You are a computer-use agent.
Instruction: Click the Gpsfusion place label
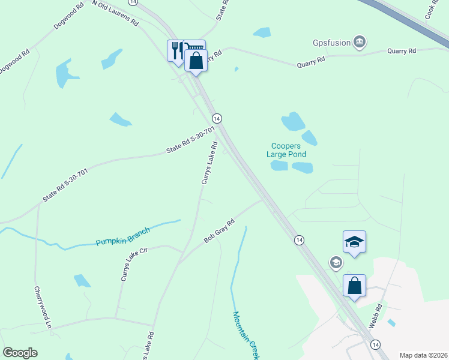tap(331, 43)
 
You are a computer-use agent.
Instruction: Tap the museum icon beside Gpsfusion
tap(360, 41)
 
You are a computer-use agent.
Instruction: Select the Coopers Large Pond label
tap(289, 150)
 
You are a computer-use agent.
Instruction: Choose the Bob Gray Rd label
tap(218, 231)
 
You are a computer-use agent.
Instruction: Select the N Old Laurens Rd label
tap(116, 13)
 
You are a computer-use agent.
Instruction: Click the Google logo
tap(20, 353)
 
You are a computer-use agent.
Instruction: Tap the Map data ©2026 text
tap(424, 355)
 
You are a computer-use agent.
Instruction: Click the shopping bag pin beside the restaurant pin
tap(196, 60)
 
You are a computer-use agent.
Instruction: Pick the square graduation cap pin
tap(354, 242)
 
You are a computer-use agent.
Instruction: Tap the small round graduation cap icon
tap(336, 262)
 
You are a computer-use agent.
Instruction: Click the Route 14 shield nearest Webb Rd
tap(375, 344)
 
